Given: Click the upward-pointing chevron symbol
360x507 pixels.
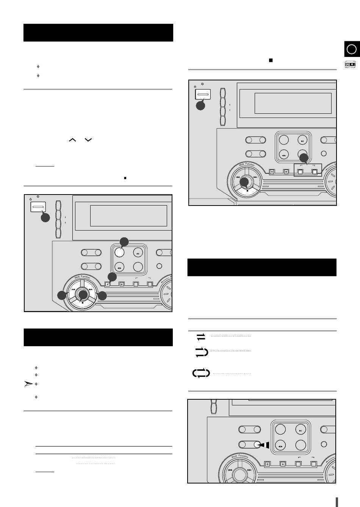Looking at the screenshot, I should (x=73, y=140).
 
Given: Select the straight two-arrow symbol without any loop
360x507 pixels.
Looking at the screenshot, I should (x=201, y=336).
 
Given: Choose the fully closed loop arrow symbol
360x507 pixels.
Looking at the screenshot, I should (x=201, y=373).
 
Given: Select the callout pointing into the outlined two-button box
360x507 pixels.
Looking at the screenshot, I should (x=304, y=157).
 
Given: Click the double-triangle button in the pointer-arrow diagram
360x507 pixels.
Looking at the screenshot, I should (x=281, y=446).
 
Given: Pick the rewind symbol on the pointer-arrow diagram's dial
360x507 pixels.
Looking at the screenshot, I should (x=230, y=470).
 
